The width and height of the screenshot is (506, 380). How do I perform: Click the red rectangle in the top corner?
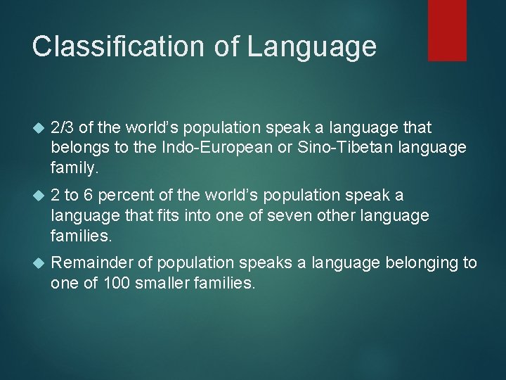pos(447,30)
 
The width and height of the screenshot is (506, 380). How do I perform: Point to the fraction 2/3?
pos(63,127)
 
